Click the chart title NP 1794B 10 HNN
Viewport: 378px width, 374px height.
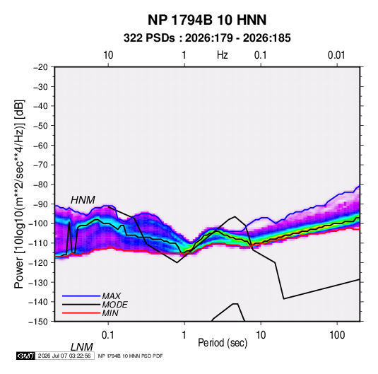point(207,20)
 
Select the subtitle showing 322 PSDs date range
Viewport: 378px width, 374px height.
point(207,38)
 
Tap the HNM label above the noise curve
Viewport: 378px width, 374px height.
point(83,200)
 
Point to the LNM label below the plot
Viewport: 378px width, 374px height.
point(81,347)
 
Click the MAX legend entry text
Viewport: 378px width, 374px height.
point(111,296)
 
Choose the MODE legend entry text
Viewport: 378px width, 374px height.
point(114,305)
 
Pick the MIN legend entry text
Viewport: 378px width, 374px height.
point(110,313)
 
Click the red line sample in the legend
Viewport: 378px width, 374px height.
point(81,313)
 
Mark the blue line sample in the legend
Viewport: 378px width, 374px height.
point(81,296)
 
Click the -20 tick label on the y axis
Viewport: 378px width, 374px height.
point(40,67)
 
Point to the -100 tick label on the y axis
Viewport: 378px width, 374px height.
point(38,223)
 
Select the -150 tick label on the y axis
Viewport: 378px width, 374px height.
point(38,322)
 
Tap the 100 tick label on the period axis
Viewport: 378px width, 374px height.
point(337,335)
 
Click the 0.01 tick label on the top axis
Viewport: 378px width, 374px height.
point(336,55)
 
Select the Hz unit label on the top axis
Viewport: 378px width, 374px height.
point(223,55)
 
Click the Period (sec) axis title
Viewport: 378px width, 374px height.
point(223,343)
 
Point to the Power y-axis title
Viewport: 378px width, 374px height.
point(19,194)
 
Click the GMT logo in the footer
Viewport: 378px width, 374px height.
point(26,356)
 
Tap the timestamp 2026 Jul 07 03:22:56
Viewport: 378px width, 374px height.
point(64,356)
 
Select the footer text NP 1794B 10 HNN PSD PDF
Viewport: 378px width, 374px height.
point(130,356)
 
